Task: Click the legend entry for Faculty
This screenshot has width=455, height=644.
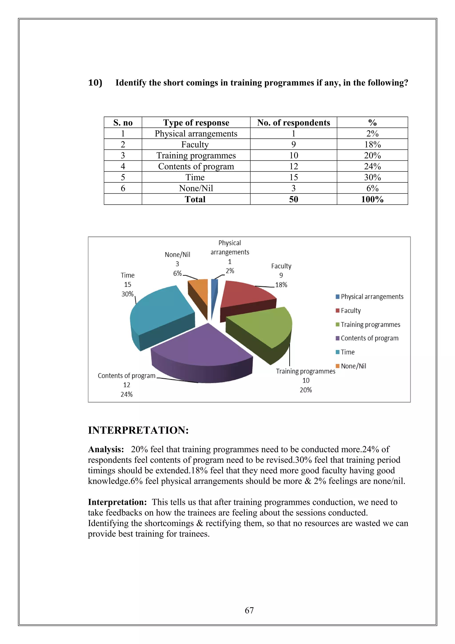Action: [350, 310]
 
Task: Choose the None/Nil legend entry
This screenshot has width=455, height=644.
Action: [353, 366]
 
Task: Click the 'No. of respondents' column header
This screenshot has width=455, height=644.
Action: [293, 123]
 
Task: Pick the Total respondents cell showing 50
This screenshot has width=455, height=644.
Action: [293, 199]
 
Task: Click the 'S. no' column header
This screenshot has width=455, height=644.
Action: [123, 123]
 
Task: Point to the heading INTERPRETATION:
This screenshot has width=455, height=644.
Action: [138, 430]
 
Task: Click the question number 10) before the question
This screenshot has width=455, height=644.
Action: [95, 83]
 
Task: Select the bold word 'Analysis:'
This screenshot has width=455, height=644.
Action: [106, 449]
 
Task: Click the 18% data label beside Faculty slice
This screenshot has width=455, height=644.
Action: [281, 285]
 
